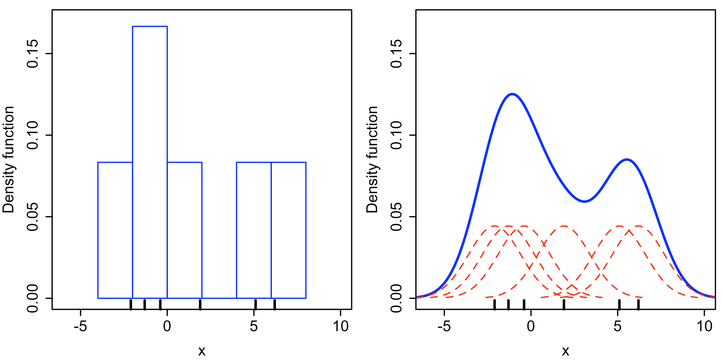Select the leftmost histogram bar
pyautogui.click(x=115, y=230)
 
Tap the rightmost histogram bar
pyautogui.click(x=288, y=230)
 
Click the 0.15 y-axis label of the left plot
pyautogui.click(x=33, y=54)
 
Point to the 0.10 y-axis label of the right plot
pyautogui.click(x=396, y=135)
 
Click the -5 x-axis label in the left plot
pyautogui.click(x=80, y=326)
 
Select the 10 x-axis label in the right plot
pyautogui.click(x=704, y=326)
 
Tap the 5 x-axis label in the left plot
pyautogui.click(x=254, y=326)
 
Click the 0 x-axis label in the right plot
pyautogui.click(x=531, y=326)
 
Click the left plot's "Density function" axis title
pyautogui.click(x=8, y=160)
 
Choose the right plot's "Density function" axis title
pyautogui.click(x=372, y=160)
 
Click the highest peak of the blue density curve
pyautogui.click(x=512, y=94)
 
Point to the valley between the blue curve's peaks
pyautogui.click(x=585, y=201)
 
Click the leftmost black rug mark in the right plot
pyautogui.click(x=495, y=304)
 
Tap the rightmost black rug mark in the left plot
pyautogui.click(x=275, y=304)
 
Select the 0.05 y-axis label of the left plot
pyautogui.click(x=33, y=217)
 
